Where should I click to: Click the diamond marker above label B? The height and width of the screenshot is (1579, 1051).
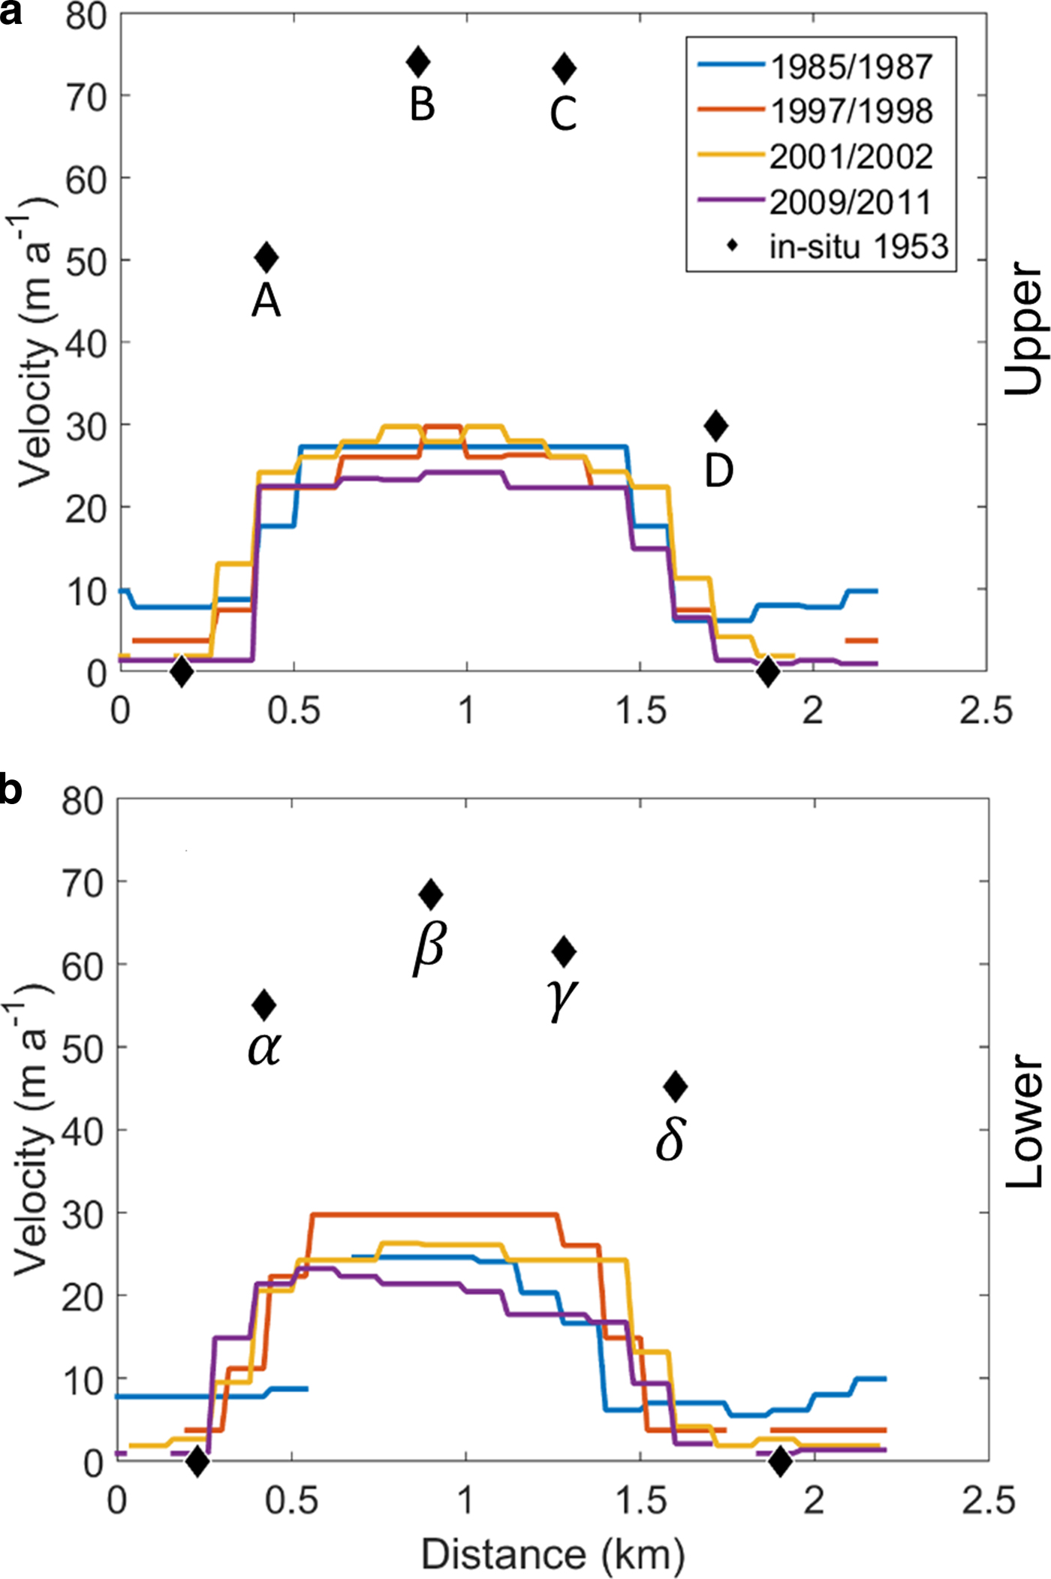coord(418,62)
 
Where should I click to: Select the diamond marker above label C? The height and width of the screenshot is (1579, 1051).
coord(564,69)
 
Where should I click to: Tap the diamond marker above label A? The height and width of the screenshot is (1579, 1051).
coord(267,258)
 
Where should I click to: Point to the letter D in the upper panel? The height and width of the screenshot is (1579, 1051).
coord(718,472)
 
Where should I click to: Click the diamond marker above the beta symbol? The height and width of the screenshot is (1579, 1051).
coord(430,894)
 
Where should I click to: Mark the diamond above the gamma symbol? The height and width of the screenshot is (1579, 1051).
coord(564,952)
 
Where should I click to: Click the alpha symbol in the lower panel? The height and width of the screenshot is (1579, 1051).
coord(264,1048)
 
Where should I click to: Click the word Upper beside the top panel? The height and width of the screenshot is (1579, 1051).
coord(1023,328)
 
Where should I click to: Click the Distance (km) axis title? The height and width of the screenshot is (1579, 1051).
coord(553,1553)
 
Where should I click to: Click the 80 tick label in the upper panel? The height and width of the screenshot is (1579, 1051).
coord(86,17)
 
